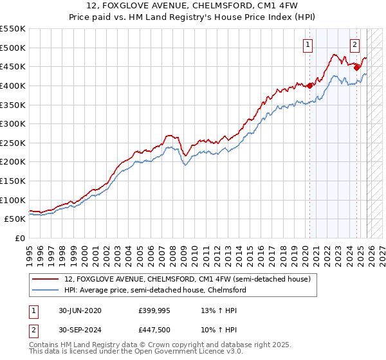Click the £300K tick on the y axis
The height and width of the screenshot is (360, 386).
14,123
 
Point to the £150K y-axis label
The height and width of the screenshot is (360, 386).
14,181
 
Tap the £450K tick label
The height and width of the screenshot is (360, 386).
14,66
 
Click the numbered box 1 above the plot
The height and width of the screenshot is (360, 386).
308,45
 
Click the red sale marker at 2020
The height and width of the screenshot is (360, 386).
309,85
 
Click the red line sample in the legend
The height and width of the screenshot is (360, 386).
45,280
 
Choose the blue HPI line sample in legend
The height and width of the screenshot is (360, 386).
45,291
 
